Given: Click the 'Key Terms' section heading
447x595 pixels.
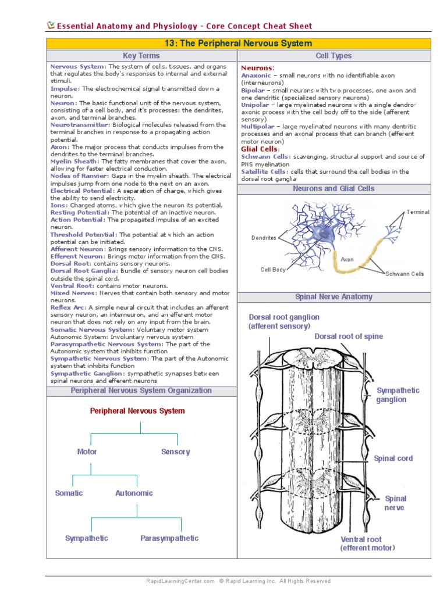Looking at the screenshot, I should [x=141, y=56].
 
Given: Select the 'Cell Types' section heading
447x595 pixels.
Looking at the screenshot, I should [x=334, y=56].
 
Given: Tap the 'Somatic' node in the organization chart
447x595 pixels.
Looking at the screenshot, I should [x=69, y=493].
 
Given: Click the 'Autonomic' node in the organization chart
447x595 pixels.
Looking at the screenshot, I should [x=134, y=493].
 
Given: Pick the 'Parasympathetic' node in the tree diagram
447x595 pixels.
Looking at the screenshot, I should [x=169, y=539].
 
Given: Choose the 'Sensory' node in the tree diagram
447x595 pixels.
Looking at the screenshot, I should [x=175, y=452].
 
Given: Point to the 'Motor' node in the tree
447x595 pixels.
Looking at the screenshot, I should [x=87, y=452].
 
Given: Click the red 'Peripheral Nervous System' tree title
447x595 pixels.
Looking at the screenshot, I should [x=137, y=411].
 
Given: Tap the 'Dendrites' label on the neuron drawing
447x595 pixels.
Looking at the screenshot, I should [x=264, y=238].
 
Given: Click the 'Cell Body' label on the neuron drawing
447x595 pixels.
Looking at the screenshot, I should [x=273, y=270].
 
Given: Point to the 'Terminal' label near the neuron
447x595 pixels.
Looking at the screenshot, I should [x=418, y=212].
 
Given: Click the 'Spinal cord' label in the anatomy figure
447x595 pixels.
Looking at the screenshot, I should [x=393, y=458].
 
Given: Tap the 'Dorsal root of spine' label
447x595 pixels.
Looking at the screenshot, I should [x=349, y=336].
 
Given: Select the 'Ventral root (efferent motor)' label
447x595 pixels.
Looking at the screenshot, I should [x=367, y=543].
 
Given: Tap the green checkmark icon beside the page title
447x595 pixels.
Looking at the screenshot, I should [x=51, y=25].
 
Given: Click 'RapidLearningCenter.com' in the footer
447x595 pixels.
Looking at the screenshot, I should [x=180, y=581].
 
